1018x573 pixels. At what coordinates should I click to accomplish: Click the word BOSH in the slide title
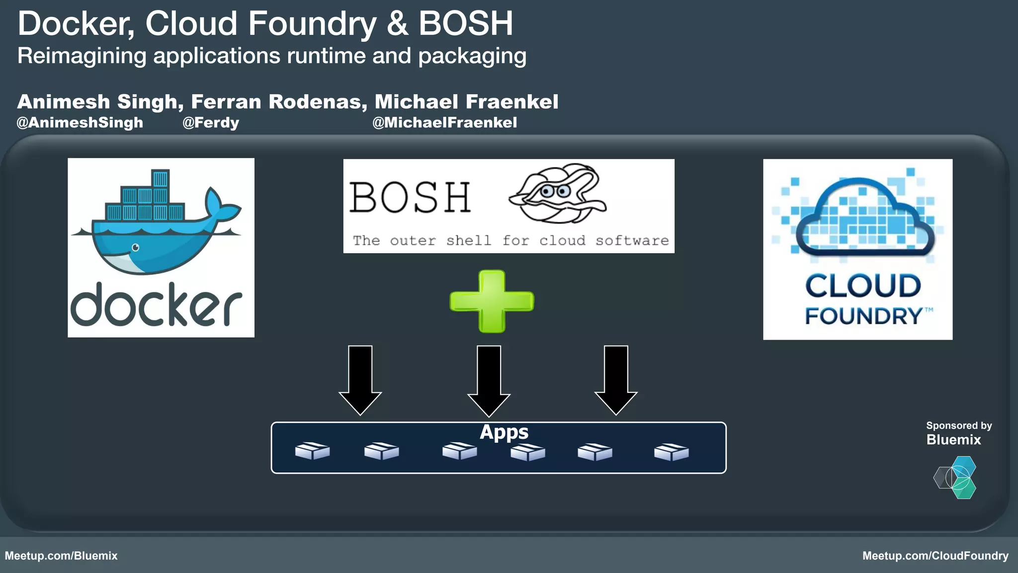pyautogui.click(x=465, y=23)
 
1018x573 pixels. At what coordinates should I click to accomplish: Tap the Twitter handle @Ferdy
pyautogui.click(x=211, y=122)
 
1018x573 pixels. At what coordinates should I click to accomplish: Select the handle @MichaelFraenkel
pyautogui.click(x=444, y=122)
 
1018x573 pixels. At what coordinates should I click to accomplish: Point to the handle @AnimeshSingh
pyautogui.click(x=80, y=122)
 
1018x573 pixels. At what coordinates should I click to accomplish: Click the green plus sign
pyautogui.click(x=492, y=301)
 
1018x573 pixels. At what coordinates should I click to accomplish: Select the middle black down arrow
pyautogui.click(x=489, y=380)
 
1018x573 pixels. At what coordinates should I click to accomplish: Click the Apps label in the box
pyautogui.click(x=504, y=432)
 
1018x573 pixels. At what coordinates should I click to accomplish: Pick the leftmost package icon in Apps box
pyautogui.click(x=312, y=451)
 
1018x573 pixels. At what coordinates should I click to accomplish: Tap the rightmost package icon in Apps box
pyautogui.click(x=671, y=452)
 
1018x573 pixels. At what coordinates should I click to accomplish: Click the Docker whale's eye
pyautogui.click(x=135, y=247)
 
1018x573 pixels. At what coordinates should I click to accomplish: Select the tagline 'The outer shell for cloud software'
pyautogui.click(x=510, y=241)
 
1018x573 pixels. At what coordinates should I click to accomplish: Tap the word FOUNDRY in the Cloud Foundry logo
pyautogui.click(x=864, y=316)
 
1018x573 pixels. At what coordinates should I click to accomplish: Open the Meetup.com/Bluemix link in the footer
pyautogui.click(x=61, y=556)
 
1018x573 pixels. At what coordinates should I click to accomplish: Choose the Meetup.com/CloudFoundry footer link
pyautogui.click(x=935, y=556)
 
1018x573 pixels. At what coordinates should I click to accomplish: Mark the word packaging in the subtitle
pyautogui.click(x=472, y=56)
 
